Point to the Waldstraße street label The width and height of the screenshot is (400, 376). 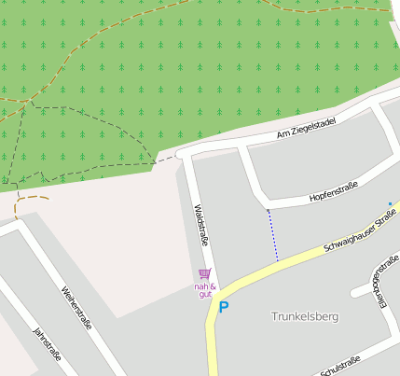[x=200, y=227]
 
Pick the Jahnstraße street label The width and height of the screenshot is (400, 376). [x=48, y=344]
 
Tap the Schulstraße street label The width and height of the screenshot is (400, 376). [x=340, y=365]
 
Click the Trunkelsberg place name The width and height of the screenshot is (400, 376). [x=304, y=316]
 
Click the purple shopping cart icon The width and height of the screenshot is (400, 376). [x=205, y=273]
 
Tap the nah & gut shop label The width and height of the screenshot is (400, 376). [x=205, y=290]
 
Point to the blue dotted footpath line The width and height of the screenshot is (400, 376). [x=273, y=234]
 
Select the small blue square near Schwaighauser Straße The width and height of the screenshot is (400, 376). [x=390, y=203]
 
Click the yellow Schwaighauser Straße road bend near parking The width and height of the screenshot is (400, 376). [x=216, y=297]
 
